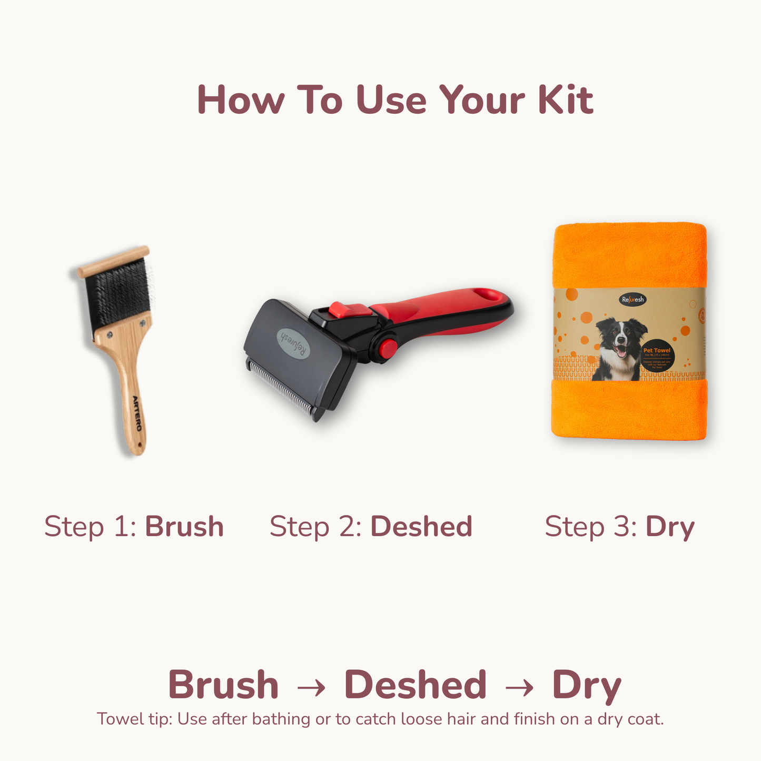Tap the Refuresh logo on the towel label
(x=632, y=300)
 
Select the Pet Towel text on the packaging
(x=657, y=350)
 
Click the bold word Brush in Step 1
(x=184, y=526)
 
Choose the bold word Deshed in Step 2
(x=421, y=526)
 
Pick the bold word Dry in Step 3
(x=670, y=527)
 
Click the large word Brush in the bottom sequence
(x=223, y=685)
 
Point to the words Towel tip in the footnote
(x=134, y=719)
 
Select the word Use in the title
(x=391, y=100)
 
